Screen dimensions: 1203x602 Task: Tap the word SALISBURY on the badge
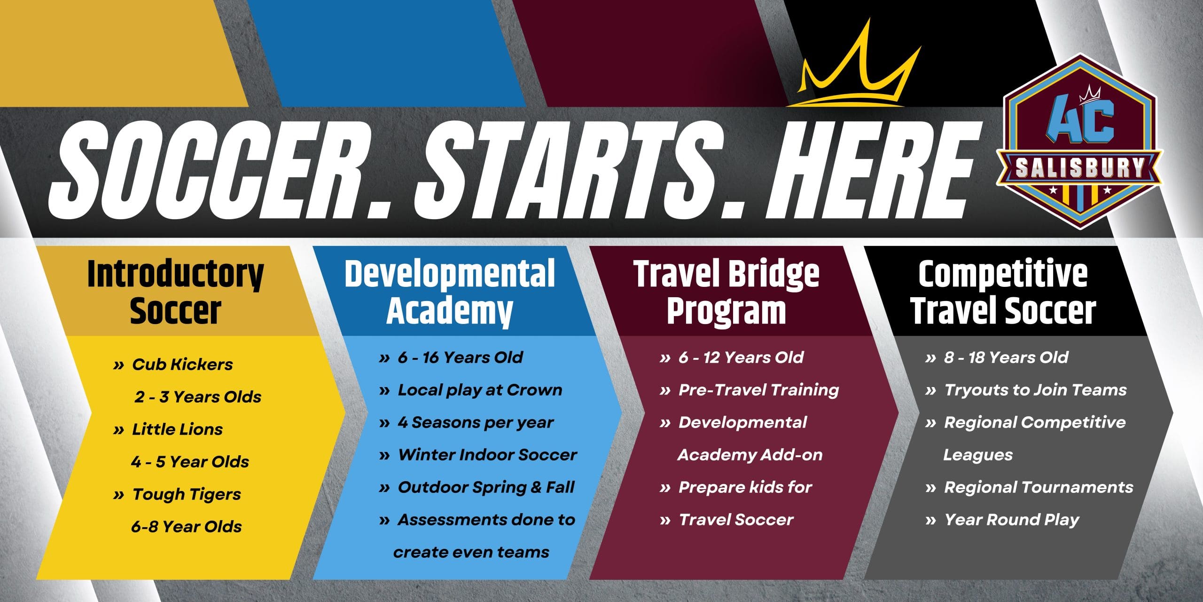click(1079, 168)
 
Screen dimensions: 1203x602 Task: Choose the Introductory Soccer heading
click(175, 293)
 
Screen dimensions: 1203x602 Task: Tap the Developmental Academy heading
click(450, 293)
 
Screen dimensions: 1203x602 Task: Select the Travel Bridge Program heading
click(726, 293)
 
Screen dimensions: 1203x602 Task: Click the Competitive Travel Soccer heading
click(1003, 293)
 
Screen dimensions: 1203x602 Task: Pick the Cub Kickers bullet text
click(182, 364)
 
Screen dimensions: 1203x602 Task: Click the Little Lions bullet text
click(177, 429)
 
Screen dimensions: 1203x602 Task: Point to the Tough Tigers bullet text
click(187, 495)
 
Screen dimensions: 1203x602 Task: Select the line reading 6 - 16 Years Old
click(460, 357)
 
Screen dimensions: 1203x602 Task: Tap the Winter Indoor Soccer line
click(487, 455)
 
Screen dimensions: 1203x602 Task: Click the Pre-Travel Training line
click(758, 390)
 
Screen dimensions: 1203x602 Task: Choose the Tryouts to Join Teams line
click(1035, 390)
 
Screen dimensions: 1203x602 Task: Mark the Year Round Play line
click(1011, 520)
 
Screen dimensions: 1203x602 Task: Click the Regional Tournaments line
click(1039, 488)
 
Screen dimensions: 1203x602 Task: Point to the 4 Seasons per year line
click(476, 423)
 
